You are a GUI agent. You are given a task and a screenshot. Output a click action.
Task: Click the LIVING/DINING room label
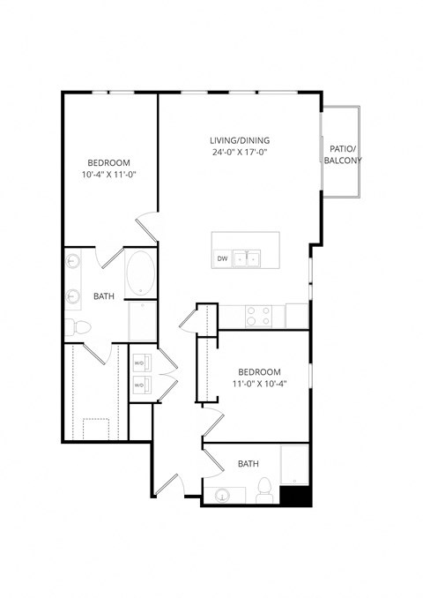coord(239,140)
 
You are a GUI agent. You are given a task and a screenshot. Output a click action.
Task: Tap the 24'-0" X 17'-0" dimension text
coord(239,153)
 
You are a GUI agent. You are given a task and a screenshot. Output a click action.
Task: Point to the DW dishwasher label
coord(222,258)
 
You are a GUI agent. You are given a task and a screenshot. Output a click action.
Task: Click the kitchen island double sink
coord(252,258)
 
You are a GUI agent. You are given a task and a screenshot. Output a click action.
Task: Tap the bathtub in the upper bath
coord(140,274)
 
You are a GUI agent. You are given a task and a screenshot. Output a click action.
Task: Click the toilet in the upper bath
coord(78,327)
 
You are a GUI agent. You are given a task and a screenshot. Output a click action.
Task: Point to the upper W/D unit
coord(139,363)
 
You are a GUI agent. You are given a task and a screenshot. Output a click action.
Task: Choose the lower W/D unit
coord(139,385)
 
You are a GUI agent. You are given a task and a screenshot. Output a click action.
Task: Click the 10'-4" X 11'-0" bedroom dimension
coord(109,175)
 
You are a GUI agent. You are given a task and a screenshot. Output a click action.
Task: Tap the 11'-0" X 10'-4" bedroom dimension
coord(259,383)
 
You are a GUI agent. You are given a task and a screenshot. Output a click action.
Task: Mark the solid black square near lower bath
coord(296,496)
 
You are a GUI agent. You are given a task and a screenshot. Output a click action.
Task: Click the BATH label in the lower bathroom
coord(248,463)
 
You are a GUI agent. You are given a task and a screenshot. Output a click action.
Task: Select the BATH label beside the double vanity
coord(104,296)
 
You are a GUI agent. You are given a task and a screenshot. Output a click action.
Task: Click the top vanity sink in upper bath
coord(72,263)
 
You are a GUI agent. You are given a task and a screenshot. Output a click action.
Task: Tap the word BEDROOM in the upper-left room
coord(109,162)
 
